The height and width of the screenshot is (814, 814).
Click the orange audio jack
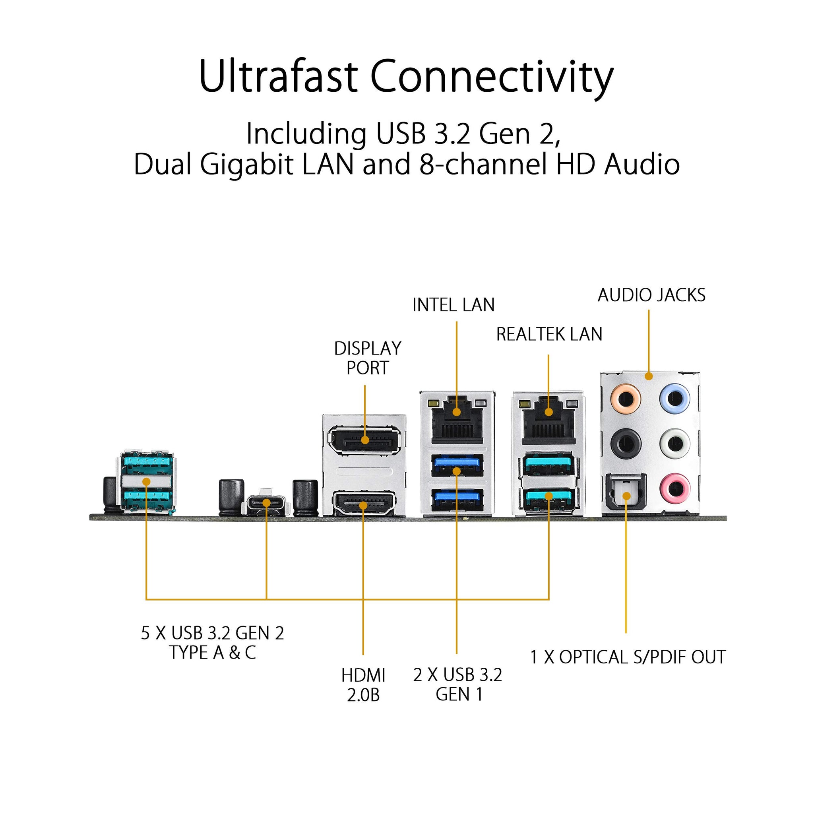point(626,397)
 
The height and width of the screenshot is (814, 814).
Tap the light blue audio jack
point(675,397)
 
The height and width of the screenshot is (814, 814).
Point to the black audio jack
point(626,443)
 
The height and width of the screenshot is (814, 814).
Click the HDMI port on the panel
point(364,503)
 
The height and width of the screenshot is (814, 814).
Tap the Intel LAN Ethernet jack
point(457,420)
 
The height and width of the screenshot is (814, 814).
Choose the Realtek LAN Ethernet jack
point(548,420)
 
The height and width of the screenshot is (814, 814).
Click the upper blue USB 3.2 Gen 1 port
point(457,465)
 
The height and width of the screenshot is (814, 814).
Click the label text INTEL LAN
point(454,305)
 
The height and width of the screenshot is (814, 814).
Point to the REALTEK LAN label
point(549,334)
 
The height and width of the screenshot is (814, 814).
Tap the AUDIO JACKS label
point(651,295)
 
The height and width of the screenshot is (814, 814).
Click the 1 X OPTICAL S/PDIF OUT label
point(628,657)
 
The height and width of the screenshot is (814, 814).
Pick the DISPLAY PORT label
point(367,358)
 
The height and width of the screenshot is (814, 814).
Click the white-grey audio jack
point(675,443)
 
